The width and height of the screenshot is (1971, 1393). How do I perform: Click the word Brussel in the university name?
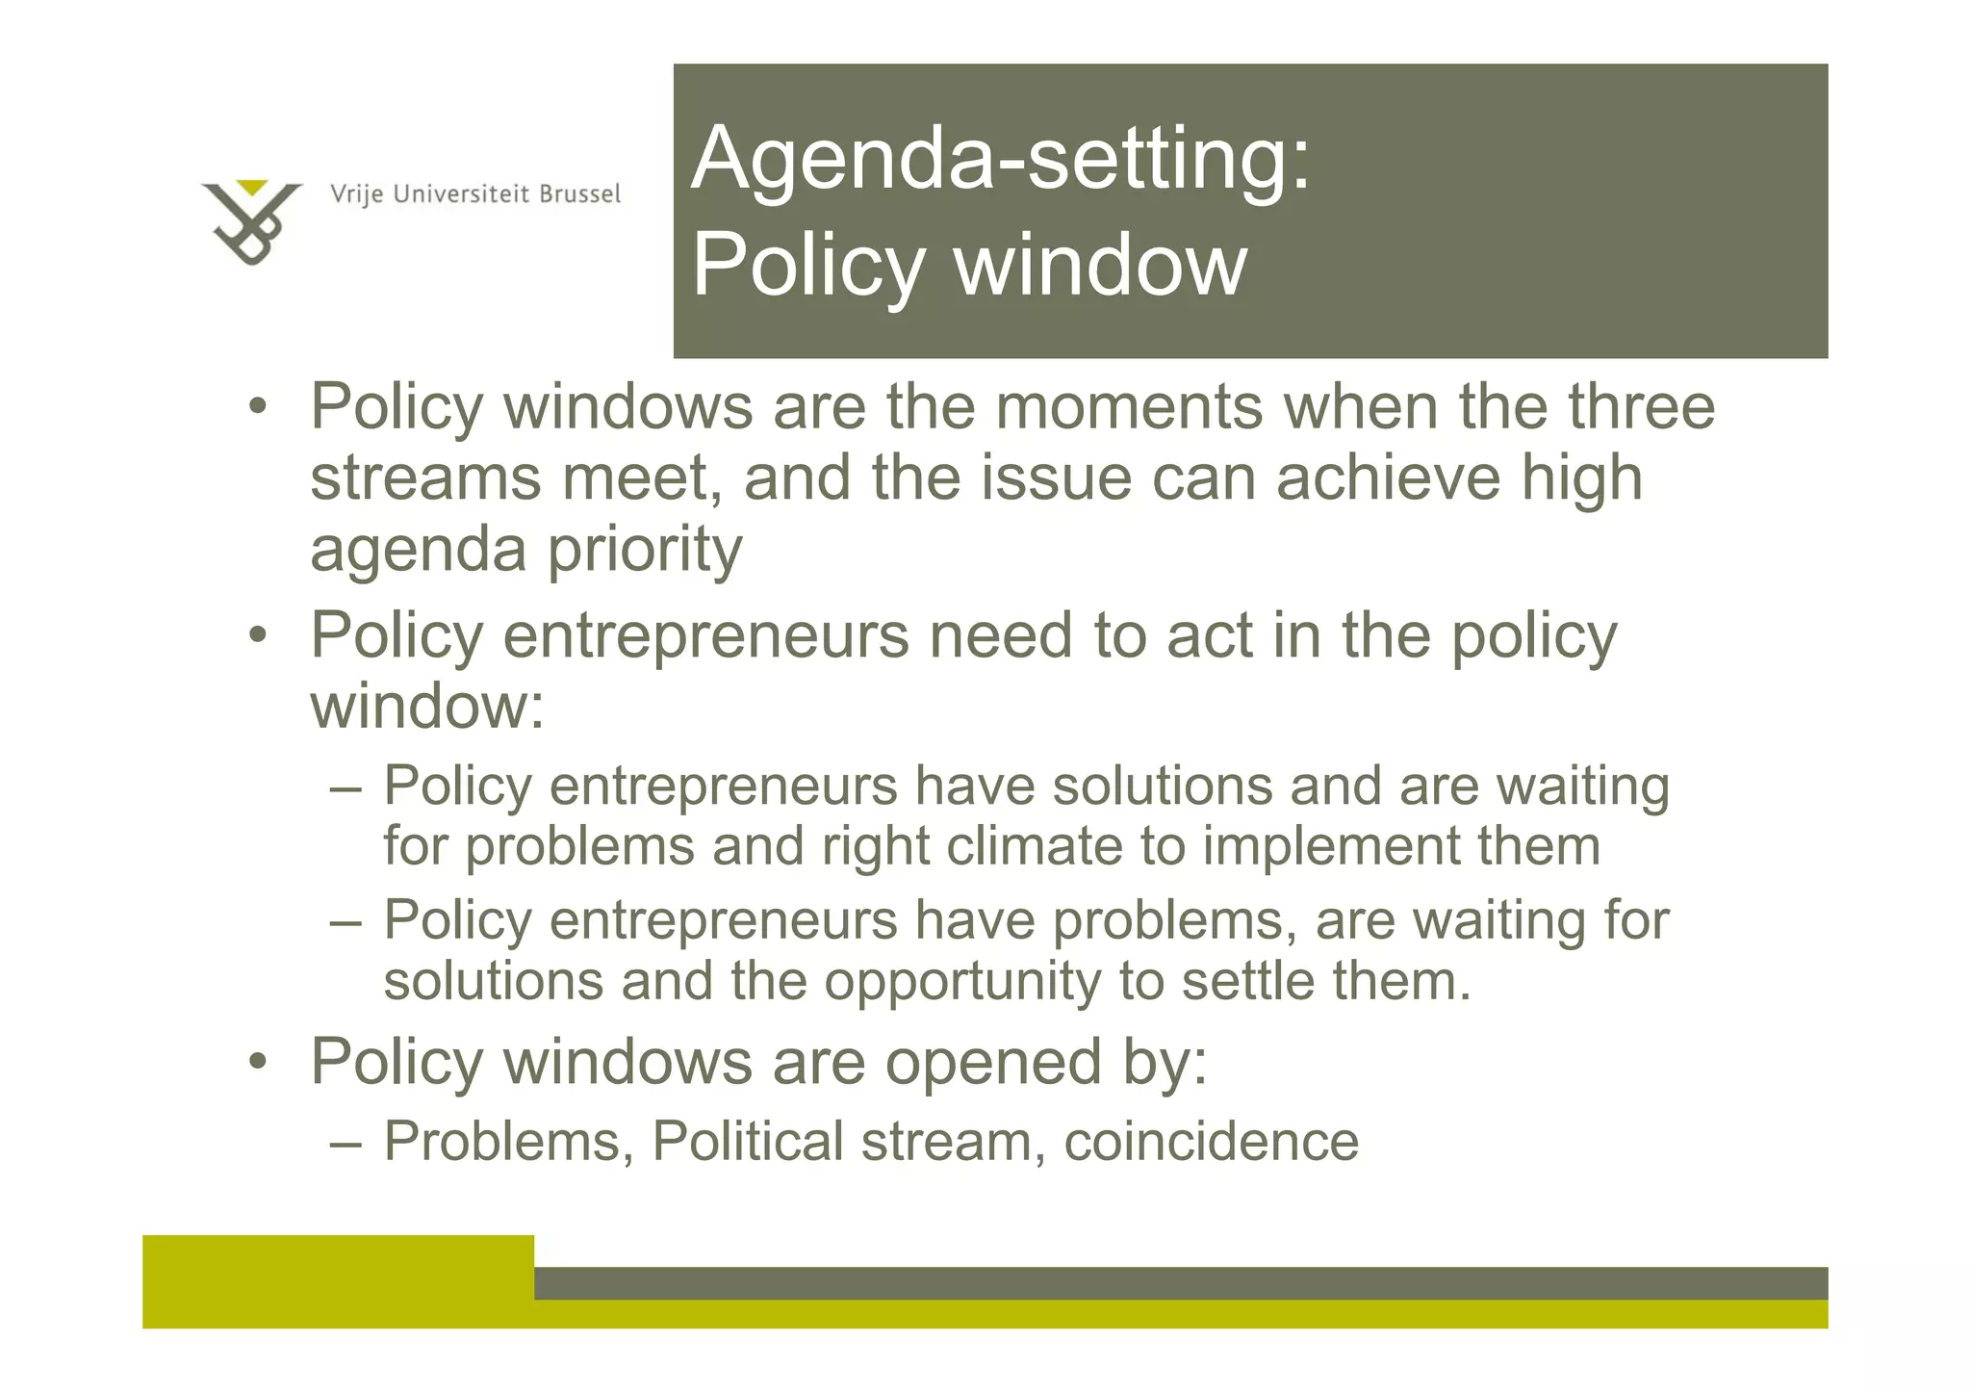tap(579, 194)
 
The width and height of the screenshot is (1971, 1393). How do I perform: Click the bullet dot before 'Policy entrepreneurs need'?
tap(257, 636)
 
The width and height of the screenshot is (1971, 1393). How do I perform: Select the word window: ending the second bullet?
tap(427, 706)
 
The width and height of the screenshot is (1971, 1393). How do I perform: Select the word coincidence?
tap(1211, 1142)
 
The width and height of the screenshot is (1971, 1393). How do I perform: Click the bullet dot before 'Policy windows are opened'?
tap(257, 1063)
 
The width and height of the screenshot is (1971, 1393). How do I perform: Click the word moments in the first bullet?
tap(1129, 406)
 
